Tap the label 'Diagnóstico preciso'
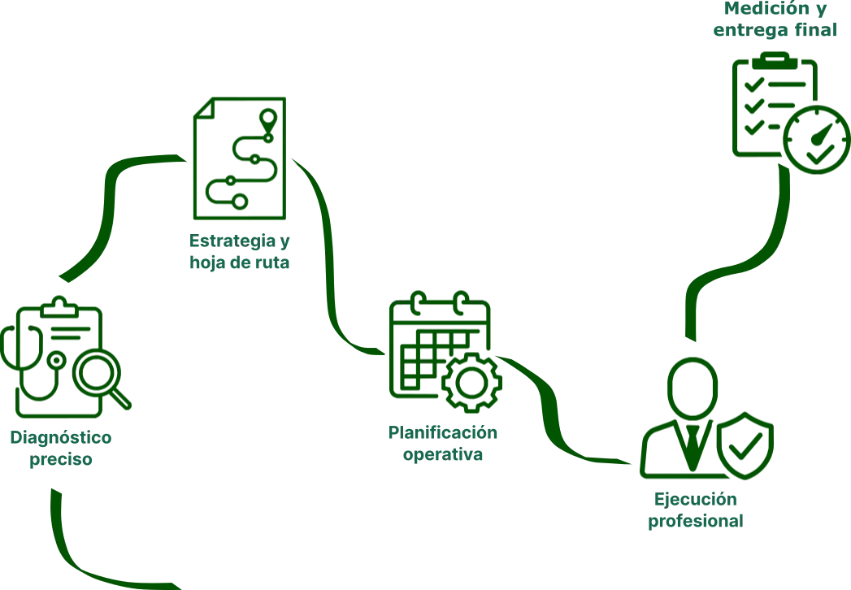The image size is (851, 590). click(62, 450)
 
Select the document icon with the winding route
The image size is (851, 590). click(237, 156)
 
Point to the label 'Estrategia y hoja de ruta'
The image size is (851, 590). click(240, 252)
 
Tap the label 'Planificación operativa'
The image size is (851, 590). click(443, 443)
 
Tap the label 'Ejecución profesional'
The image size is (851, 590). click(697, 510)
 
